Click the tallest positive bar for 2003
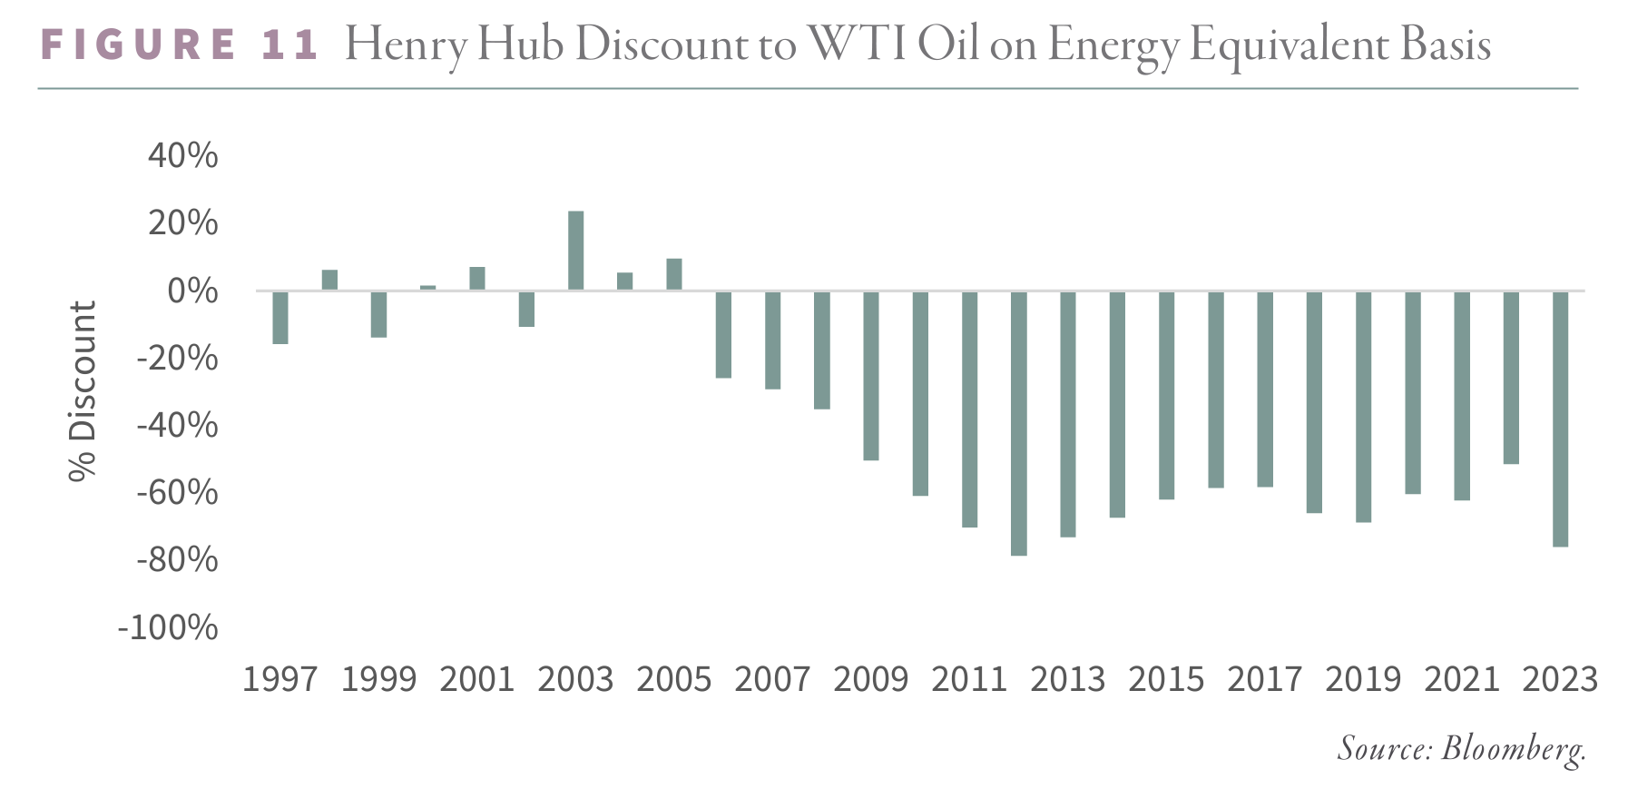tap(575, 251)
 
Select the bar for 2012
tap(1018, 423)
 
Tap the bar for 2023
tap(1560, 419)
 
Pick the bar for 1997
tap(280, 318)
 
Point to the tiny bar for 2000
tap(428, 288)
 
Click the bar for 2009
tap(870, 376)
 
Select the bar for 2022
tap(1511, 378)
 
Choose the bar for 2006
tap(723, 334)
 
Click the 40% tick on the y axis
tap(182, 155)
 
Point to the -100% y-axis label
tap(168, 627)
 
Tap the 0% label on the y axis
tap(192, 291)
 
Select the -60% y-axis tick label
tap(177, 493)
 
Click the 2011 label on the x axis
tap(969, 679)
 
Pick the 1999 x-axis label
tap(378, 679)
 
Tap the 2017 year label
tap(1264, 679)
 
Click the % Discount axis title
tap(83, 391)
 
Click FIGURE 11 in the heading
tap(180, 45)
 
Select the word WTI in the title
tap(857, 45)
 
